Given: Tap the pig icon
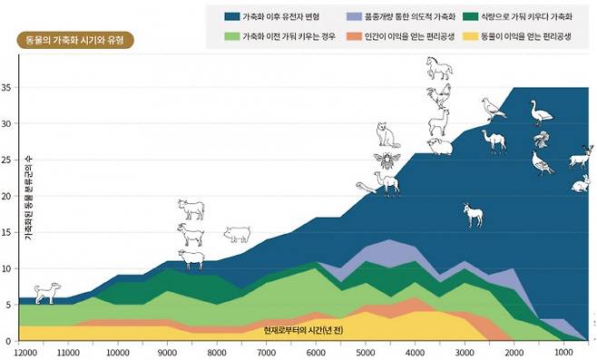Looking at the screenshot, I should point(237,234).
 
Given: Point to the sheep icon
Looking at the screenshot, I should point(191,260).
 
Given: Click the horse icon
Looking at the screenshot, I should point(440,68).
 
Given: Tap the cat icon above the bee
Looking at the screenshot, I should point(388,136).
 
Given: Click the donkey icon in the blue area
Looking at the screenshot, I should point(472,214).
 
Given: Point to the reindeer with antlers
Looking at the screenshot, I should point(580,158).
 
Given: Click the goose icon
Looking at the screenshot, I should point(541,112).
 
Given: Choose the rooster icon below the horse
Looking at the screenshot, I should point(439,94).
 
